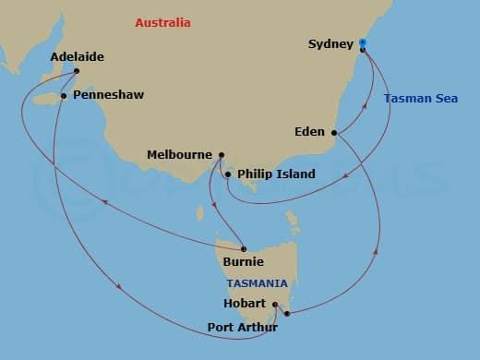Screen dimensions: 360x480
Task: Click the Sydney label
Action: pos(329,43)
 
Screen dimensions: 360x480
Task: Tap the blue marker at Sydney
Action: pos(363,42)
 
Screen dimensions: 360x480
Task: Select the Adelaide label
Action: pos(78,56)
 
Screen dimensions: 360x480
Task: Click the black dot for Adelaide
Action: pos(77,71)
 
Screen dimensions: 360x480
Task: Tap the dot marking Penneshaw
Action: pos(63,95)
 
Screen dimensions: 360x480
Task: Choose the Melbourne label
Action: pos(180,155)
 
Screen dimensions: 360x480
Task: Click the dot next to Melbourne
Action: pos(221,155)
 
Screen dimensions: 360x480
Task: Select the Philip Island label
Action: pos(276,174)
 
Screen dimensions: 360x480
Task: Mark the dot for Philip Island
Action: pos(228,174)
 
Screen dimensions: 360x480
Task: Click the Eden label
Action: pos(309,132)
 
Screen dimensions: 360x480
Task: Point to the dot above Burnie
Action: pos(243,247)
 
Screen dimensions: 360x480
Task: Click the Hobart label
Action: pos(245,304)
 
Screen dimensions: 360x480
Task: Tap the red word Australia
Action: pos(162,21)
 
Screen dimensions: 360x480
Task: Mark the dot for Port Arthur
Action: pos(287,314)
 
